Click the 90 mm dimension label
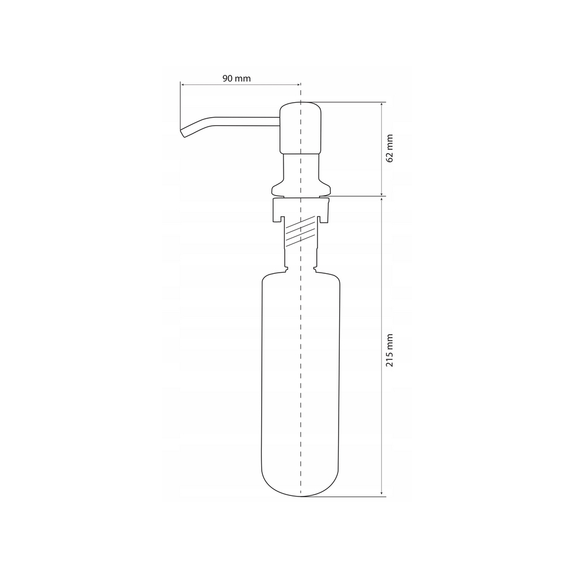236,78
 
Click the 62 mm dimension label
389,148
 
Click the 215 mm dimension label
389,350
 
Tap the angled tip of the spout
183,133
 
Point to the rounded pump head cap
301,128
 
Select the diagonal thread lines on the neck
300,231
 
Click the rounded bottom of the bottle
300,483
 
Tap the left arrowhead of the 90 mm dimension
183,85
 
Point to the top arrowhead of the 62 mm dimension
382,104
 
